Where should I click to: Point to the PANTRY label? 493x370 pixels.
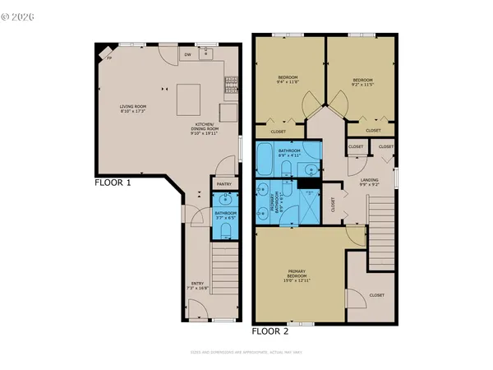click(224, 184)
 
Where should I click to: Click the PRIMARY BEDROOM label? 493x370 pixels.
click(297, 275)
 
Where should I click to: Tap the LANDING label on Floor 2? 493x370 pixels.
click(368, 182)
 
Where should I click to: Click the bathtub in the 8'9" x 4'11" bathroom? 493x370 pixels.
click(272, 160)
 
